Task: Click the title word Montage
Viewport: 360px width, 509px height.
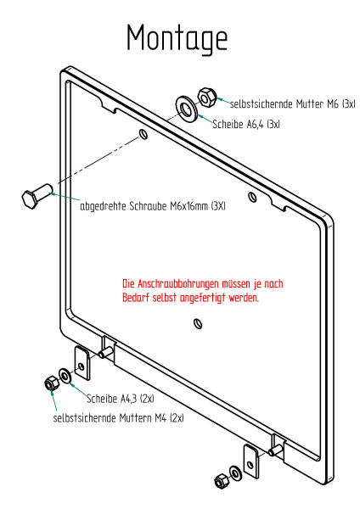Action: point(177,38)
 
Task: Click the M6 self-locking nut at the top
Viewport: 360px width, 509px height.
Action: point(206,97)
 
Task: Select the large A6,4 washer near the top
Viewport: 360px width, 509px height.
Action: point(187,109)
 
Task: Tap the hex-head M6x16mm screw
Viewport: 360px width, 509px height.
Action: point(37,195)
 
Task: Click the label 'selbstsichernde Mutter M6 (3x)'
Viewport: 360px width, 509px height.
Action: point(293,104)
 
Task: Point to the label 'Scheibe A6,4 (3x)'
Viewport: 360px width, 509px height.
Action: point(246,124)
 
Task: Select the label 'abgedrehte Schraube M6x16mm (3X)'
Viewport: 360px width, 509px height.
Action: point(153,206)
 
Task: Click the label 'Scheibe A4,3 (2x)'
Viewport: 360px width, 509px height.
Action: point(121,399)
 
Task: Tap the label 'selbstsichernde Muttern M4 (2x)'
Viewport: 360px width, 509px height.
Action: point(118,417)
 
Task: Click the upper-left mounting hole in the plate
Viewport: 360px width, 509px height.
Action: point(143,134)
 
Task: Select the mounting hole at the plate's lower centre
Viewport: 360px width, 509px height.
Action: point(198,324)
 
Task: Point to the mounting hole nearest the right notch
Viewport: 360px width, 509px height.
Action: point(252,197)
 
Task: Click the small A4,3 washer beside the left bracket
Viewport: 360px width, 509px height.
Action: point(65,376)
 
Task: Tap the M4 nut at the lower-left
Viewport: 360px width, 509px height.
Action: point(52,383)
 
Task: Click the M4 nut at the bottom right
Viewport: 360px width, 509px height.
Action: point(222,481)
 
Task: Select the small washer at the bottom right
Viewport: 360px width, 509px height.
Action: point(235,473)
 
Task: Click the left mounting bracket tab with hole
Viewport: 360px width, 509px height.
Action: point(82,363)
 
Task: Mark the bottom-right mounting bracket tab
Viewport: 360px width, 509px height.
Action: point(251,461)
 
